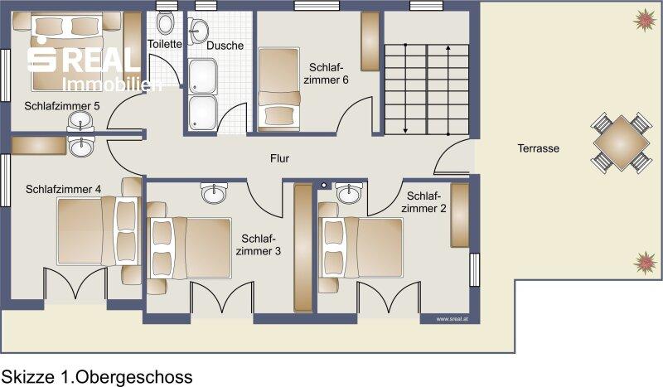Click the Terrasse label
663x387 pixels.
(538, 148)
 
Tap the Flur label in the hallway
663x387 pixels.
(279, 158)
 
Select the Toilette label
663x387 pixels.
(164, 44)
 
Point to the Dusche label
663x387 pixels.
(225, 46)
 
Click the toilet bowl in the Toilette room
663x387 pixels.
(164, 22)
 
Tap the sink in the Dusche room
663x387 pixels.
(198, 30)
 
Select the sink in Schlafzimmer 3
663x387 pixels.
(215, 193)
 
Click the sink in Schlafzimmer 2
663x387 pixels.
(349, 193)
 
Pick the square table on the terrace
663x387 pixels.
(621, 143)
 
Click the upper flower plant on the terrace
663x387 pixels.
(645, 20)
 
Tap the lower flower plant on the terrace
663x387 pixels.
(646, 262)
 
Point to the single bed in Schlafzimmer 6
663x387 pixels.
(279, 88)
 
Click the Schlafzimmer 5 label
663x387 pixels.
(62, 106)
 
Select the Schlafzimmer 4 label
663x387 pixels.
(64, 189)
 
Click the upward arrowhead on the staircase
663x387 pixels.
(448, 48)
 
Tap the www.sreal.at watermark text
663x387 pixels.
(452, 319)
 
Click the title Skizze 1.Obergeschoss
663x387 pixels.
(97, 376)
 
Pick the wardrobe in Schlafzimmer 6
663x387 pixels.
(370, 41)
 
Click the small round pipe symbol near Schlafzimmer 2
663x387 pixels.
(324, 186)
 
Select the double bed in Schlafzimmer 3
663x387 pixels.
(189, 248)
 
